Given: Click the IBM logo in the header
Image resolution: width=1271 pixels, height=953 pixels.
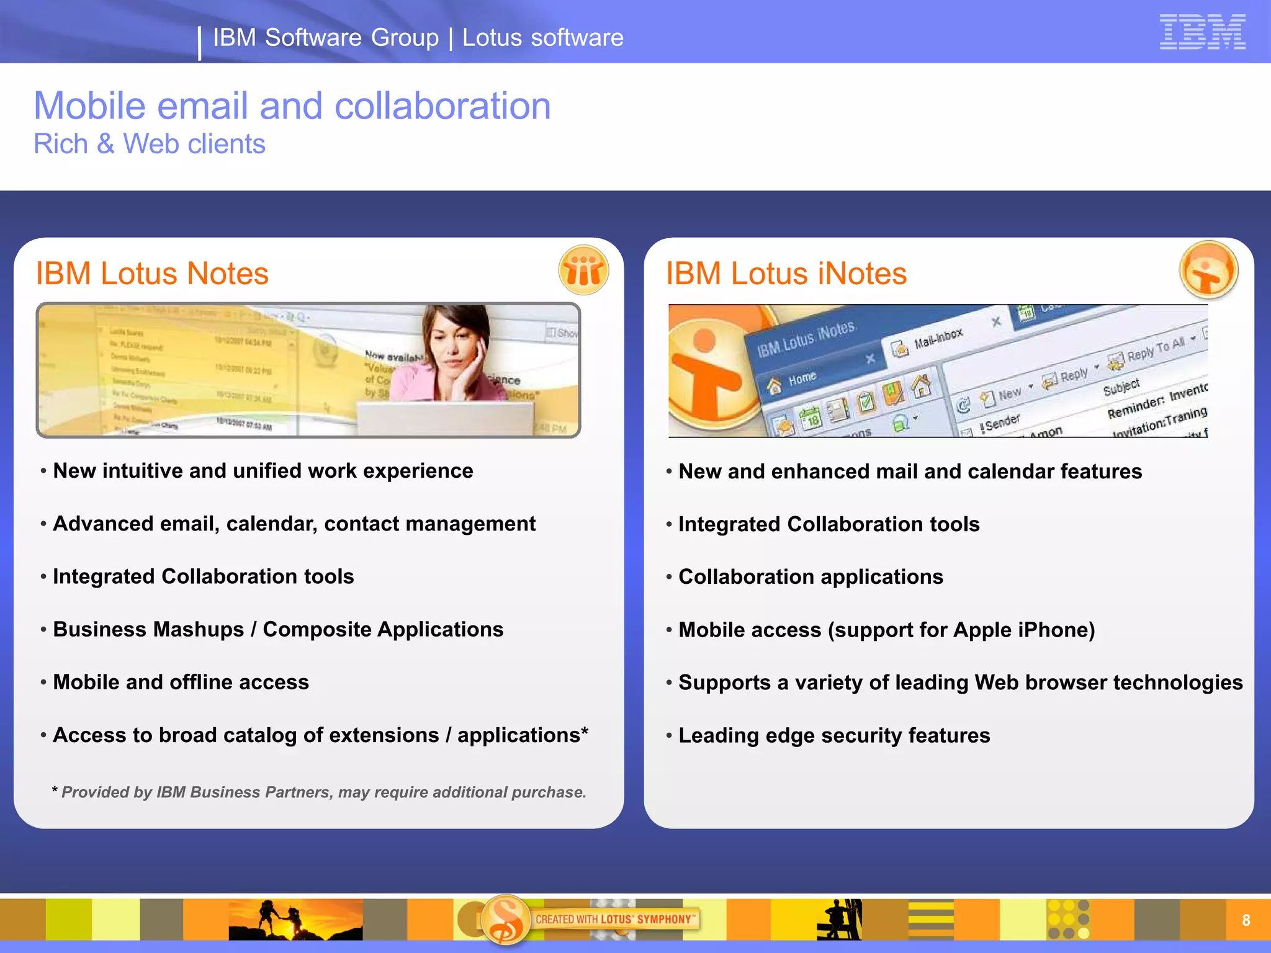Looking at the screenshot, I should pos(1202,32).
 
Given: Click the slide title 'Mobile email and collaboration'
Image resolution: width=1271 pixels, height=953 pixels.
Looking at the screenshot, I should pos(292,105).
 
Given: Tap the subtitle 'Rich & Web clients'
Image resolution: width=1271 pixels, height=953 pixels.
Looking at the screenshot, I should pos(150,144).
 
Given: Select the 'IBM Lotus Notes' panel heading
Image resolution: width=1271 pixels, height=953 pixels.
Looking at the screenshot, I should pos(152,274).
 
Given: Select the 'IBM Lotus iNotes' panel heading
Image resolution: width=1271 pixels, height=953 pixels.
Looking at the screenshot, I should pos(786,274).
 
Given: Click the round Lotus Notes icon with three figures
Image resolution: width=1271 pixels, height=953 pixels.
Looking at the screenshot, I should pos(583,271).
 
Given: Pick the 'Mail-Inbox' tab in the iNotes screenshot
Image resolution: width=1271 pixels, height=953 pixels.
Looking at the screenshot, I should pos(938,339).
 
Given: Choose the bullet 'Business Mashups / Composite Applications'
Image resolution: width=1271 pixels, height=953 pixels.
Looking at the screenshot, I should pos(278,629).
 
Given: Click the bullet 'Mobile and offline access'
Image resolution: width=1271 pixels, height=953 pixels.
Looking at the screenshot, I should pos(181,682).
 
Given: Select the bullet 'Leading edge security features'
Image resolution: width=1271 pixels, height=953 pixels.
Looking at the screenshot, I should pos(834,735).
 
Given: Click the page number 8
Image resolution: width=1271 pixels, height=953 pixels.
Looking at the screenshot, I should pos(1246,920).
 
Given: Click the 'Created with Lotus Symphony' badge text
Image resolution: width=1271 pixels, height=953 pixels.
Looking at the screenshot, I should pos(614,919).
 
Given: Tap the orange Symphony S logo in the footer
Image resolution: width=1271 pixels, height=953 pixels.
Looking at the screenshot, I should pos(506,919).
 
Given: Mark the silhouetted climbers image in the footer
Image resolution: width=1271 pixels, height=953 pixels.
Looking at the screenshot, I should pos(295,919).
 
